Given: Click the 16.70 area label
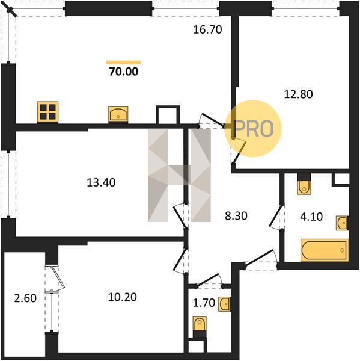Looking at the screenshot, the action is pyautogui.click(x=207, y=29).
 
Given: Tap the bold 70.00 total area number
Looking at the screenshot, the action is pyautogui.click(x=124, y=72).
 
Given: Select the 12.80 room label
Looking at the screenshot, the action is pyautogui.click(x=298, y=94).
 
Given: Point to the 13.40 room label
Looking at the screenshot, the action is pyautogui.click(x=101, y=182).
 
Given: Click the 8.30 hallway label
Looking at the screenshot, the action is pyautogui.click(x=236, y=216).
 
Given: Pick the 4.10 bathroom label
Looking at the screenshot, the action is pyautogui.click(x=311, y=217).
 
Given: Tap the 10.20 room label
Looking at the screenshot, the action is pyautogui.click(x=123, y=297).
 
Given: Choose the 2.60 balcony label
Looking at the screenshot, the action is pyautogui.click(x=25, y=298).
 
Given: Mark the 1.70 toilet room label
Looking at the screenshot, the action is pyautogui.click(x=204, y=303).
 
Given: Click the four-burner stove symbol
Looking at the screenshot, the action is pyautogui.click(x=47, y=112).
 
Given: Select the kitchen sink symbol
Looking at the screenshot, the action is pyautogui.click(x=118, y=114).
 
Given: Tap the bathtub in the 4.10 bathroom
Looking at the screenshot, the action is pyautogui.click(x=325, y=250).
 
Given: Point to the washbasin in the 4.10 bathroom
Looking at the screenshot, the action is pyautogui.click(x=342, y=223).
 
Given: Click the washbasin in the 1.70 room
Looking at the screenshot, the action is pyautogui.click(x=224, y=304).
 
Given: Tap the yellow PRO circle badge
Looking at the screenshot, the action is pyautogui.click(x=253, y=129).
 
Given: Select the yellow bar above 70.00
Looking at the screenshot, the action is pyautogui.click(x=123, y=62).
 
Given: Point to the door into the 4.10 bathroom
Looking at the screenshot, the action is pyautogui.click(x=276, y=217).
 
